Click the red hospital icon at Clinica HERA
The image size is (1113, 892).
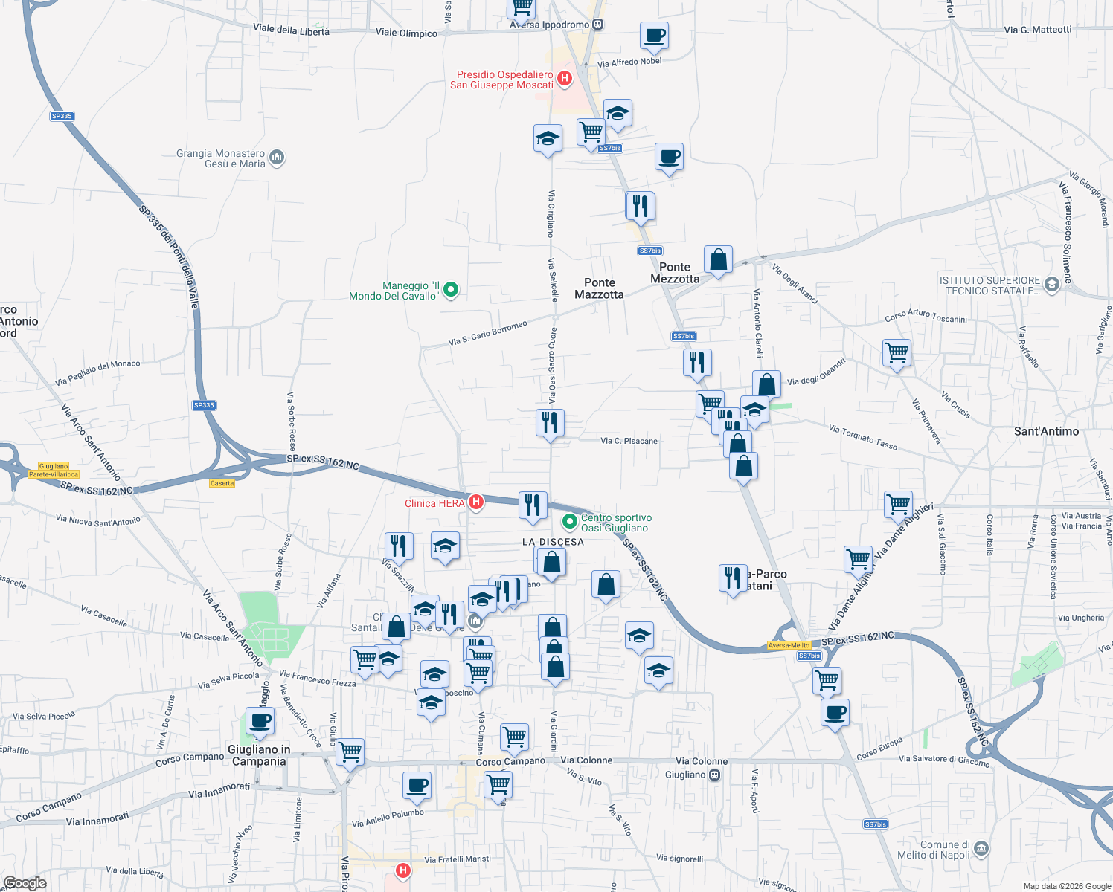click(x=476, y=502)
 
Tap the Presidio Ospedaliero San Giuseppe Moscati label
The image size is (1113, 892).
click(x=504, y=80)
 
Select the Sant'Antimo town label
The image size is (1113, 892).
click(x=1046, y=431)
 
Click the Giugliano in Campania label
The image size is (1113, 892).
click(x=259, y=755)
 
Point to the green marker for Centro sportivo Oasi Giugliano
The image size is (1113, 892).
click(x=570, y=522)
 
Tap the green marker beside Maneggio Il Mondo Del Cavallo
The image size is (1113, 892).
click(x=450, y=290)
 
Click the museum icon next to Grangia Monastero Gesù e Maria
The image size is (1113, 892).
click(x=277, y=158)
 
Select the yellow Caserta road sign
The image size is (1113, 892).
click(x=222, y=483)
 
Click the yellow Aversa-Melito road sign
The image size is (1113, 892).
click(x=789, y=645)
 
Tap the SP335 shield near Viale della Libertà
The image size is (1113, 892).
click(x=62, y=116)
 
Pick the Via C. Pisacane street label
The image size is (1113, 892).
click(x=629, y=441)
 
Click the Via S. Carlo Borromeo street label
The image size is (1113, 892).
click(x=487, y=333)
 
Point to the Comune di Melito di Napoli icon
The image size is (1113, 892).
click(x=981, y=849)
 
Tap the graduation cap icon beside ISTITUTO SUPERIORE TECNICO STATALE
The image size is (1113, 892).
click(x=1051, y=284)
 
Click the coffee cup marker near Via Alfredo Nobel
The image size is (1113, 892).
click(x=654, y=36)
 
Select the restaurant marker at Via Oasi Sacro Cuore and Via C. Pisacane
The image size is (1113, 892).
click(x=550, y=423)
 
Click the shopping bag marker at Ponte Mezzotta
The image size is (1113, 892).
click(x=718, y=260)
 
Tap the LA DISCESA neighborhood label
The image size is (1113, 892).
click(x=553, y=542)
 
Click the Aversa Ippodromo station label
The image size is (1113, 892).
click(x=550, y=25)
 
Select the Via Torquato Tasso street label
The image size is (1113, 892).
click(x=863, y=437)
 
